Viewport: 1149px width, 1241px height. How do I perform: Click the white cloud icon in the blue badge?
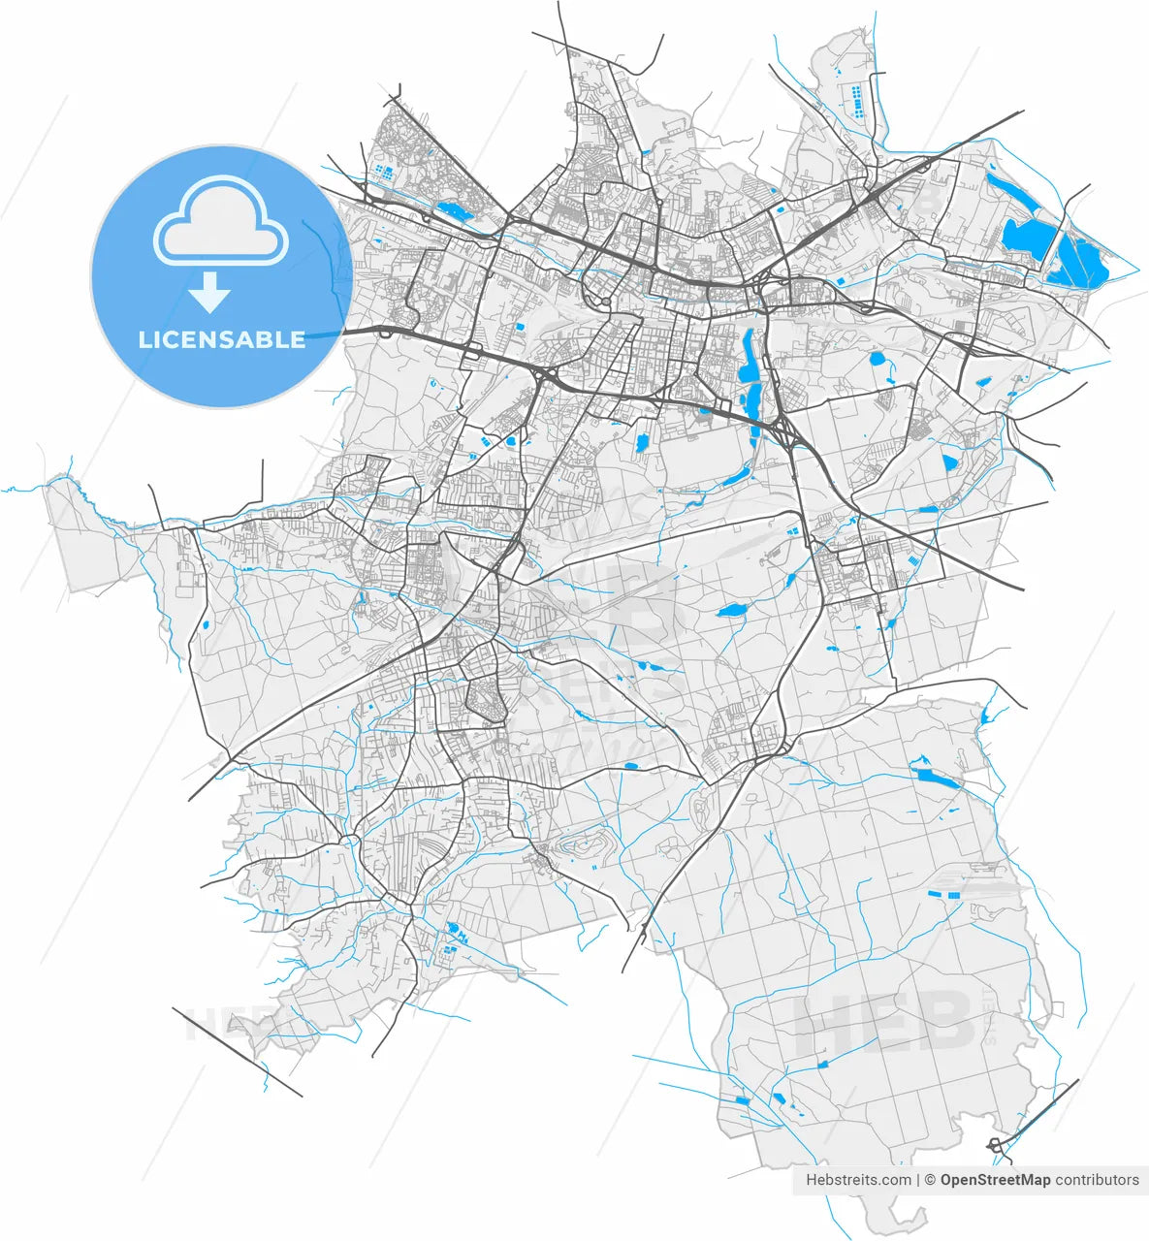(221, 225)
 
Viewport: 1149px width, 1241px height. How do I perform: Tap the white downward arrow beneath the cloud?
(209, 292)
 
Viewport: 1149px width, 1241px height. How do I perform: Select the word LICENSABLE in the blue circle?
(222, 339)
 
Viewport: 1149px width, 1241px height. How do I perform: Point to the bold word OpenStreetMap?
(995, 1180)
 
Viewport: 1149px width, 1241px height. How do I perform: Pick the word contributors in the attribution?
(1098, 1180)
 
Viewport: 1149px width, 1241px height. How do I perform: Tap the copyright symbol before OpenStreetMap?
(929, 1180)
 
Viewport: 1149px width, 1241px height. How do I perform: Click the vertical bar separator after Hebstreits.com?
(917, 1180)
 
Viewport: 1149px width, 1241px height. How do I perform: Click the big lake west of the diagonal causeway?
(1023, 238)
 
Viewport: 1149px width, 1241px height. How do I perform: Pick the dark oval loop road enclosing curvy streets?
(486, 698)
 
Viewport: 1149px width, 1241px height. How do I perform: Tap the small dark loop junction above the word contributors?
(996, 1145)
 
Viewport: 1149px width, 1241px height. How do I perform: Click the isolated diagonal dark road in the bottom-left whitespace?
(237, 1052)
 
